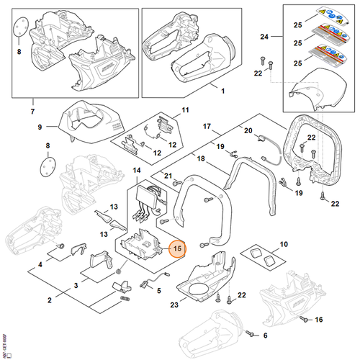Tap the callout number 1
pos(222,92)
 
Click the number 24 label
pos(264,36)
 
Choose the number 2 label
pos(51,300)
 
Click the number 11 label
pos(184,111)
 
